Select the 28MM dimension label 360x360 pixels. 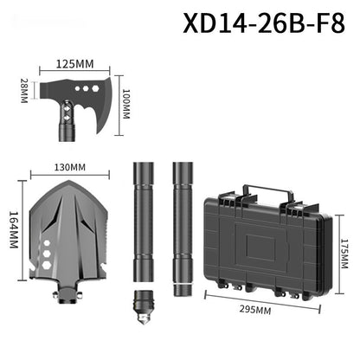point(24,88)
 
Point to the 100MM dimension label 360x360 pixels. point(126,102)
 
